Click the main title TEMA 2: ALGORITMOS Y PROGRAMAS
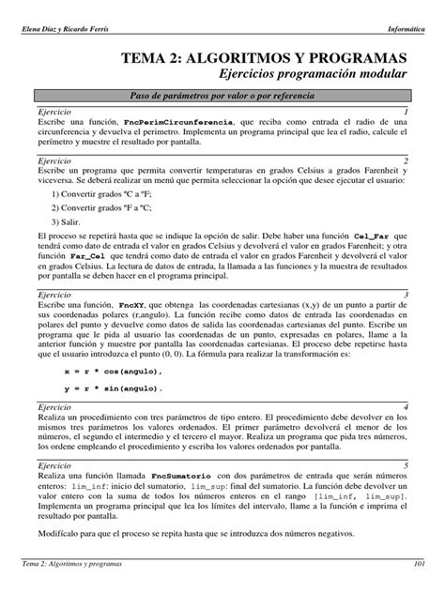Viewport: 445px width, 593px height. point(270,58)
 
